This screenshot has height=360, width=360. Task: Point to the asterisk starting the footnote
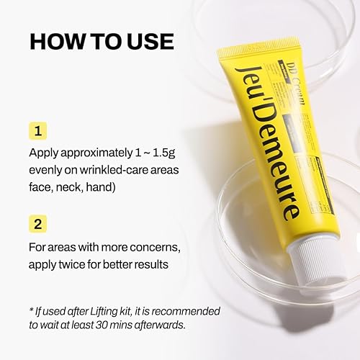(31, 310)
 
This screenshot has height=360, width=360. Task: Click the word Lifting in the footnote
(99, 310)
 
